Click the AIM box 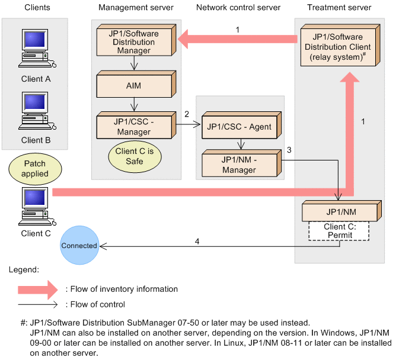tap(134, 86)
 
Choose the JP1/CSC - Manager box tap(134, 127)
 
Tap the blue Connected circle tap(79, 245)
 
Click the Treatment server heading tap(339, 8)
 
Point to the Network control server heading tap(238, 8)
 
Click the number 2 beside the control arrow tap(186, 113)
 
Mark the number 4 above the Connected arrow tap(197, 240)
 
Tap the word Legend tap(24, 269)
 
